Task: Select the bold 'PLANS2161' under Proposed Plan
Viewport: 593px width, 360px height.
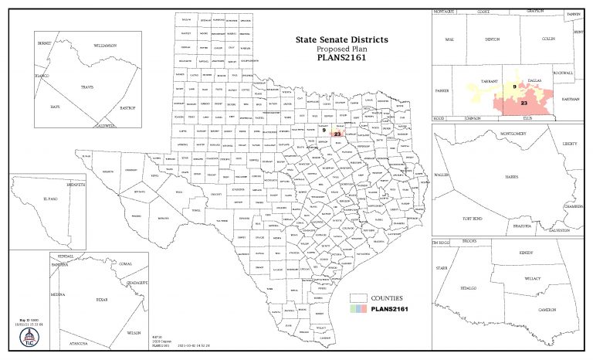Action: click(x=341, y=56)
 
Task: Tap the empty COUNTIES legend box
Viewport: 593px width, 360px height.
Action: click(x=357, y=297)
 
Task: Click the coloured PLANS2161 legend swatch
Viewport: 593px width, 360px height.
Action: click(x=357, y=309)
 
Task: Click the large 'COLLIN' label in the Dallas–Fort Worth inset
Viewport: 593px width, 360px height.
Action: click(x=549, y=38)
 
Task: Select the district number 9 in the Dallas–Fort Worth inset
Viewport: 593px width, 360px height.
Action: click(x=513, y=87)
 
